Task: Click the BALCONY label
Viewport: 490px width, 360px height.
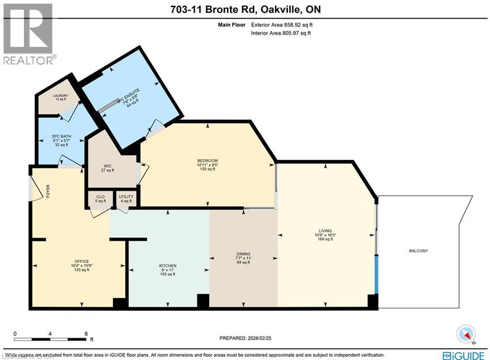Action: pos(418,251)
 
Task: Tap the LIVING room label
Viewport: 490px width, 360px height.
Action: pos(325,230)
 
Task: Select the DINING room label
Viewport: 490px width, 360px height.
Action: pos(243,254)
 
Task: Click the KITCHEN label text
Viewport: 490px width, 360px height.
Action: pos(167,266)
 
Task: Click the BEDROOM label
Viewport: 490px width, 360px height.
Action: pos(208,160)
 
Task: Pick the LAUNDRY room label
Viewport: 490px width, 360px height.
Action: pos(61,96)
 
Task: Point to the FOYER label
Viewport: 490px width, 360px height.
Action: pos(47,191)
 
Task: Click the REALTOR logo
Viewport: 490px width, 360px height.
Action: pos(28,34)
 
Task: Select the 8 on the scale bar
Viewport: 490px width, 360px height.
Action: pos(86,334)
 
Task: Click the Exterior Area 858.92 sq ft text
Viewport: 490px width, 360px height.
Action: pos(282,24)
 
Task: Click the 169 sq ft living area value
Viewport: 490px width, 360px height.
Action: pos(325,239)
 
